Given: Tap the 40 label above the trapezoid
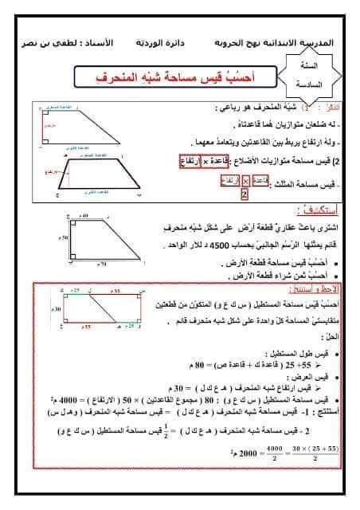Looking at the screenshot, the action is pos(84,218).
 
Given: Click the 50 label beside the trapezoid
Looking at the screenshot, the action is pos(64,238).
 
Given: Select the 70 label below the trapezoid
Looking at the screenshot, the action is pos(101,262).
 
